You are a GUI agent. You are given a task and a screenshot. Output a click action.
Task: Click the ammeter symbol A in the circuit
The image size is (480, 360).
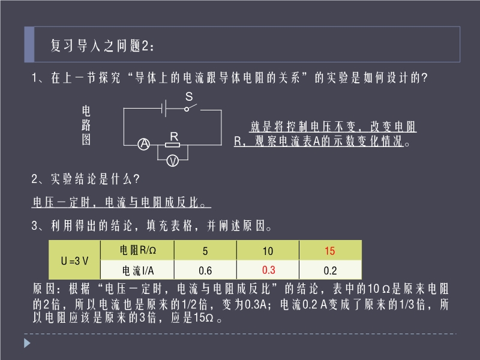pos(143,144)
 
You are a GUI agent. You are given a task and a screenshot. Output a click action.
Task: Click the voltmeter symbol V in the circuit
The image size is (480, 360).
pos(173,160)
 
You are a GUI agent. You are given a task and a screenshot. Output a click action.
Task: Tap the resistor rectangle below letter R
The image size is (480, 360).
pos(173,145)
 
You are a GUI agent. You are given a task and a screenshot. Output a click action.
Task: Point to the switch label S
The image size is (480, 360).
pos(189,97)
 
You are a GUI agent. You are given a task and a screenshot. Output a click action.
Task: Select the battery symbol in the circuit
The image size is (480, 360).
pos(164,108)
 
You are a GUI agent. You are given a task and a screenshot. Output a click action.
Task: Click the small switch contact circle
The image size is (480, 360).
pos(187,109)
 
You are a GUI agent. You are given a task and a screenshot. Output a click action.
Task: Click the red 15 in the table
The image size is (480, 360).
pos(329,251)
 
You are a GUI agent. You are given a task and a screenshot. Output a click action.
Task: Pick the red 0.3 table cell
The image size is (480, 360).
pos(268,270)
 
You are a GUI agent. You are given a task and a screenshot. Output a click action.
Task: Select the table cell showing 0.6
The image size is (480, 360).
pos(205,271)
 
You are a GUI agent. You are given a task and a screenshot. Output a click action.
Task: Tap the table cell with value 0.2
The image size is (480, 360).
pos(331,271)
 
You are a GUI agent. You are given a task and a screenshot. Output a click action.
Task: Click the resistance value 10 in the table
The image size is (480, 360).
pos(268,251)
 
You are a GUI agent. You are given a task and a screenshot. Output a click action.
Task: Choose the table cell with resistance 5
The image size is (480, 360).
pos(205,251)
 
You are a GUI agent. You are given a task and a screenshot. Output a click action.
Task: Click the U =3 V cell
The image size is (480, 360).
pos(74,260)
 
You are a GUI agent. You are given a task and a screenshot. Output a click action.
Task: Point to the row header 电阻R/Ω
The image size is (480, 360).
pos(138,250)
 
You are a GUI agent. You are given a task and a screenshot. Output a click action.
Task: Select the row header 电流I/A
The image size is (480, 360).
pos(138,271)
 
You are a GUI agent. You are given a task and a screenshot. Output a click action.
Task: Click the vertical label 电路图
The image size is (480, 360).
pos(86,125)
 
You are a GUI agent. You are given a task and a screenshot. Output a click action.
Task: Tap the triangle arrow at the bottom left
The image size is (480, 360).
pos(27,343)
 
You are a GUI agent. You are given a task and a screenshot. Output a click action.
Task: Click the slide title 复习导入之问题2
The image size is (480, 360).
pos(103,46)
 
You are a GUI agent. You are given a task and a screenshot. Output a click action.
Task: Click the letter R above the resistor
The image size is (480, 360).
pos(174,137)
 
